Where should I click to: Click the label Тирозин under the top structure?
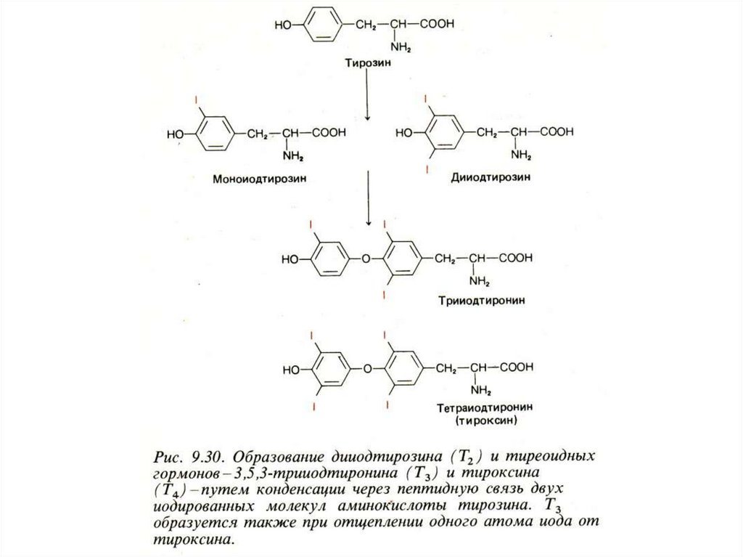pyautogui.click(x=367, y=63)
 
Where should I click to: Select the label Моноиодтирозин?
pyautogui.click(x=255, y=178)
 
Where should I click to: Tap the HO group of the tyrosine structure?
pyautogui.click(x=284, y=24)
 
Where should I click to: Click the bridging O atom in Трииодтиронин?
pyautogui.click(x=365, y=258)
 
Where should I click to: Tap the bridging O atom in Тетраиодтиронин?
pyautogui.click(x=367, y=368)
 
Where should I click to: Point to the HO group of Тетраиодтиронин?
pyautogui.click(x=292, y=370)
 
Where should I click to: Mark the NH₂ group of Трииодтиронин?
pyautogui.click(x=477, y=280)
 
